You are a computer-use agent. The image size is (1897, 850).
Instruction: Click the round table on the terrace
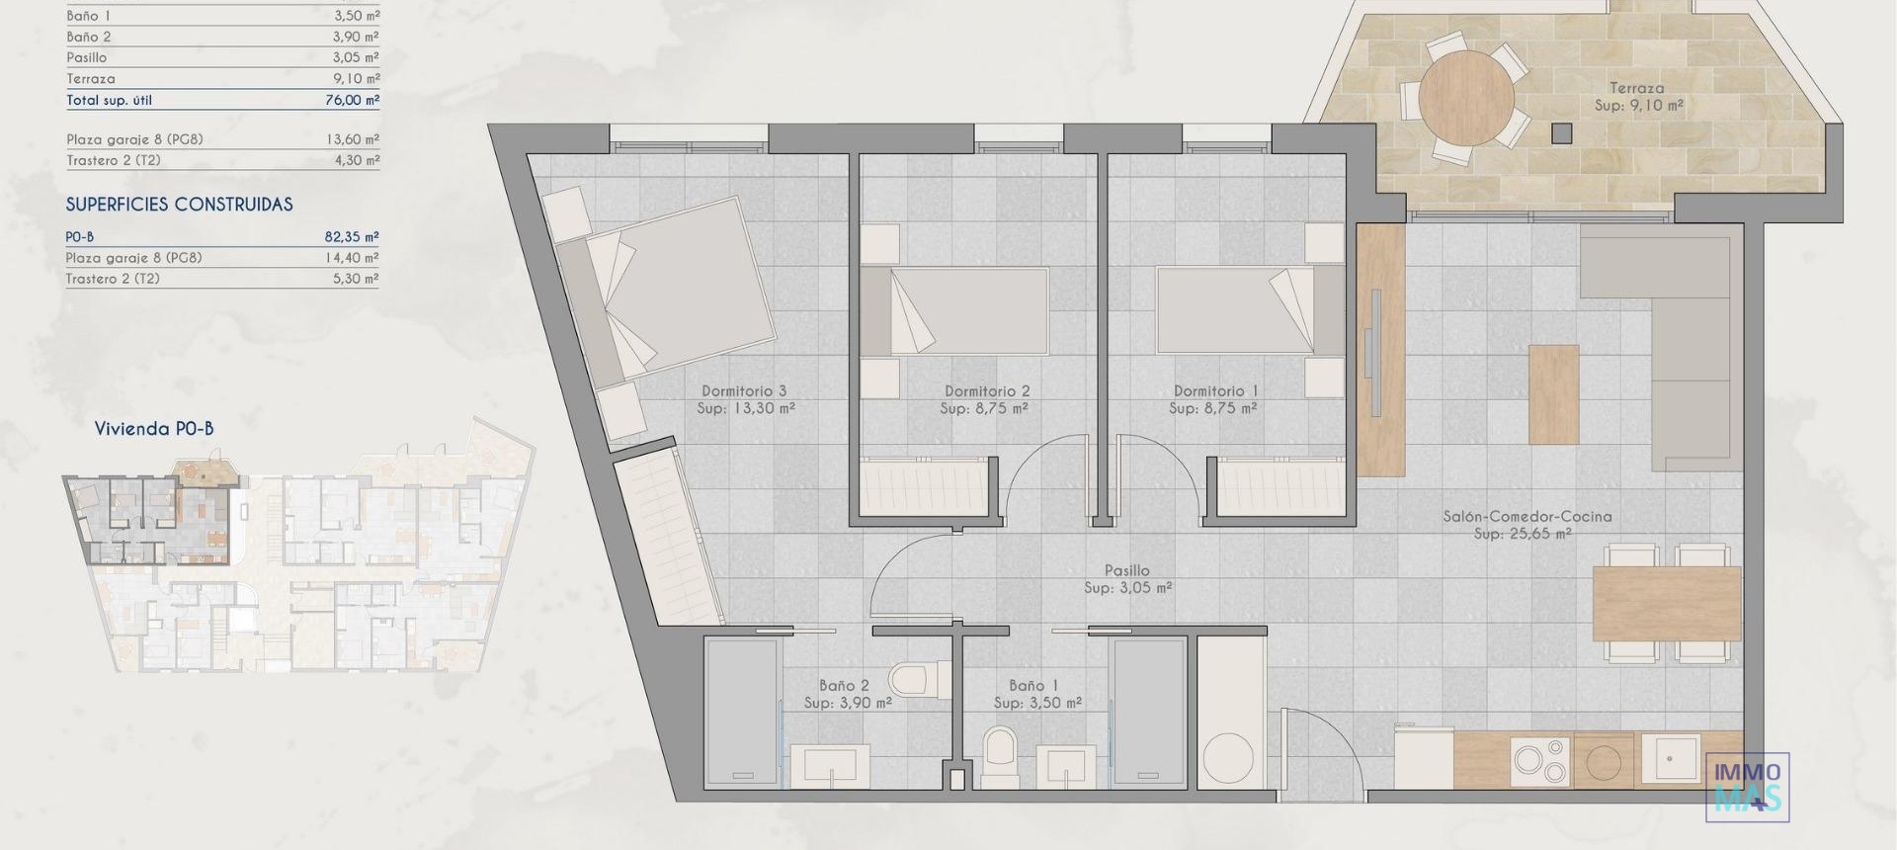point(1466,99)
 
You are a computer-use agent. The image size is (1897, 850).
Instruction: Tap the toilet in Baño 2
point(911,680)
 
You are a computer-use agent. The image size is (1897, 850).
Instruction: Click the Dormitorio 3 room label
point(744,391)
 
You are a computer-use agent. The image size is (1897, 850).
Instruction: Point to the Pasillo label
point(1127,570)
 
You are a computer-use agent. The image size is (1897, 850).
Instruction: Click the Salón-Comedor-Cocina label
point(1526,516)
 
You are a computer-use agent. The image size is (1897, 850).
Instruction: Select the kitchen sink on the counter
point(1670,758)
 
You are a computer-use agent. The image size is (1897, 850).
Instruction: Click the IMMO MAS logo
point(1747,786)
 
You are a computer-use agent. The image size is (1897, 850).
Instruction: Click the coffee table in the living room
point(1553,393)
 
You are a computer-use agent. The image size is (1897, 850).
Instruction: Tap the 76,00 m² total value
point(352,100)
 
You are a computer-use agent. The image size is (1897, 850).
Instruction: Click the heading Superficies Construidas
point(179,205)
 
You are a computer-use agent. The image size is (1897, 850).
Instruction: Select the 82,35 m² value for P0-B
point(351,237)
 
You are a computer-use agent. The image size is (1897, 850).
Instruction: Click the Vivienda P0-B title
point(154,429)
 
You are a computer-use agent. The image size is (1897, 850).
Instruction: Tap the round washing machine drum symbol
point(1228,758)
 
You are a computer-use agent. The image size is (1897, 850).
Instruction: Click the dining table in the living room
point(1666,603)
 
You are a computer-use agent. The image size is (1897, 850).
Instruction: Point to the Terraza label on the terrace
point(1636,88)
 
